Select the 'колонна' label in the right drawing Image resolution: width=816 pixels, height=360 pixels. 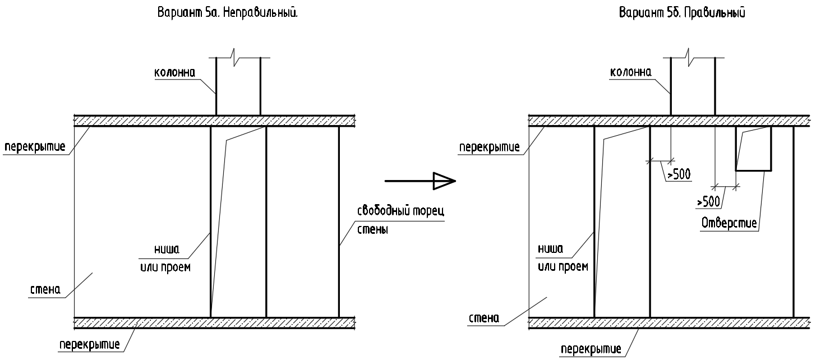[x=630, y=72]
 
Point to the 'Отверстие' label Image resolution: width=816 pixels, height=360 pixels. [x=729, y=223]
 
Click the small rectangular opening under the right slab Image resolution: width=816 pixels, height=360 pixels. [x=753, y=149]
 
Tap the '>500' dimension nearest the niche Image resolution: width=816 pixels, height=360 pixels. [x=678, y=174]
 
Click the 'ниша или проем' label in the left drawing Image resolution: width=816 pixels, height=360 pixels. [x=165, y=258]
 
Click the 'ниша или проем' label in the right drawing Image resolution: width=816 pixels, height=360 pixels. [x=564, y=257]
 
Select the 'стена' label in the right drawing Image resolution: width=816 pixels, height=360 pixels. [x=483, y=318]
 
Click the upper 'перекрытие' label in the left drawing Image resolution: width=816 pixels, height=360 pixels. [x=35, y=147]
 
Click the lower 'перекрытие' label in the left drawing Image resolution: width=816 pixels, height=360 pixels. [x=89, y=344]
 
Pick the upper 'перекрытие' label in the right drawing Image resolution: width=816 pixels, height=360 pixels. [x=489, y=147]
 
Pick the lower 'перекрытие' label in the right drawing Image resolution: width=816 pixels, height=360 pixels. [x=591, y=349]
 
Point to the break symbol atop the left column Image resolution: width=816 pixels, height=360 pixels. [x=238, y=57]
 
